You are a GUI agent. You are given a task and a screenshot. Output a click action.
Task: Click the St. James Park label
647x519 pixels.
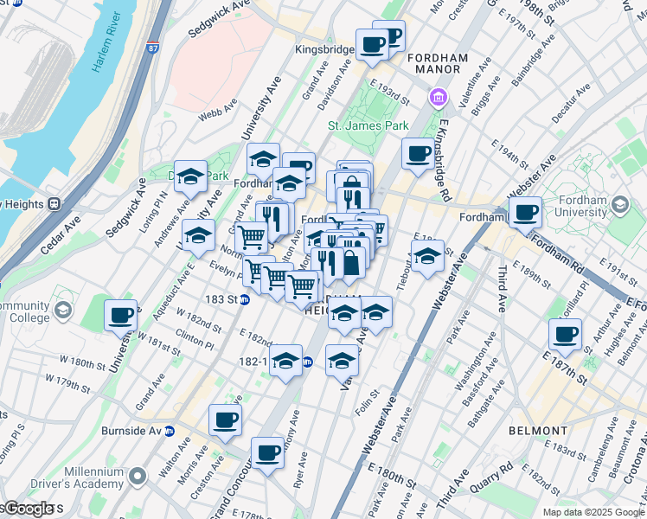coord(368,125)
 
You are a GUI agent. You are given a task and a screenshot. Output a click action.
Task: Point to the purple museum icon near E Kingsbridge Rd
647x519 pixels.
coord(439,97)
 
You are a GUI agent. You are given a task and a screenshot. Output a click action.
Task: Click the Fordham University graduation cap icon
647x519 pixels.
coord(619,204)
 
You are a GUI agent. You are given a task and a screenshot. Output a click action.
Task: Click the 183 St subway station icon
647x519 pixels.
coord(245,299)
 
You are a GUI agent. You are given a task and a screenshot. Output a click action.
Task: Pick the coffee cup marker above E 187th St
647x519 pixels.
coord(567,334)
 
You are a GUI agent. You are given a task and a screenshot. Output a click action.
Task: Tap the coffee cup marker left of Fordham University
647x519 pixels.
coord(525,211)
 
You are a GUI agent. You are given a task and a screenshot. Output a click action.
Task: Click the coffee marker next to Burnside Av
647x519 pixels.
coord(226,420)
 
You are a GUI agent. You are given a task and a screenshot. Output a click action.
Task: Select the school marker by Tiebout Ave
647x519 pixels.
coord(427,256)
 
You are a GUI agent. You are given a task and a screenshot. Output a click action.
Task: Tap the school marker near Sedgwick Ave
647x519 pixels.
coord(191,176)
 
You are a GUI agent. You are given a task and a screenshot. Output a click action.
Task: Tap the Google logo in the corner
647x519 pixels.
coord(29,509)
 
